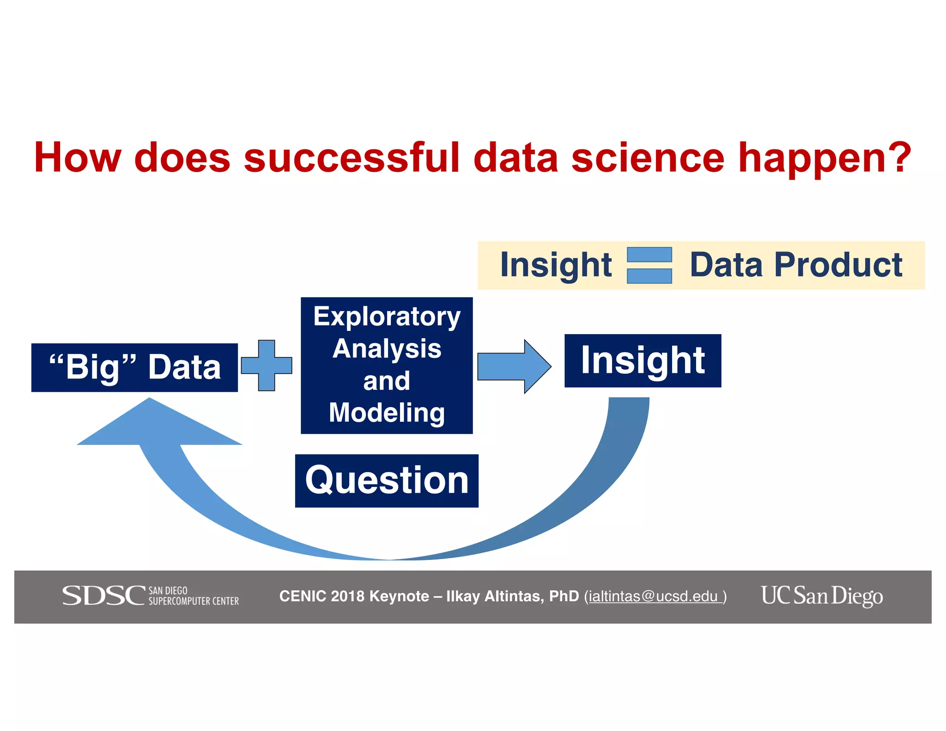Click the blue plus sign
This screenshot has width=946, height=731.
[x=267, y=365]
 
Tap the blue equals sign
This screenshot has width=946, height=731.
[x=649, y=265]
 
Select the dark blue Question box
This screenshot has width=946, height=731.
[x=387, y=481]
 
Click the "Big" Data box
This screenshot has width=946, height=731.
[x=134, y=367]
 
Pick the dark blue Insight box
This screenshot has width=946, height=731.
[x=643, y=360]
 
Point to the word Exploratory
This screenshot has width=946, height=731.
[x=387, y=317]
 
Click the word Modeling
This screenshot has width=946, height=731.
[x=387, y=412]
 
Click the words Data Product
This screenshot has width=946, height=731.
[x=795, y=265]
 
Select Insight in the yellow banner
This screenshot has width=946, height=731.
[x=556, y=265]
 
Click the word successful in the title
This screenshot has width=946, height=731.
[x=352, y=158]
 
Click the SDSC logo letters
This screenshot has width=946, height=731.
[x=103, y=595]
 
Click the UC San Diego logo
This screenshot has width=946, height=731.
[x=822, y=596]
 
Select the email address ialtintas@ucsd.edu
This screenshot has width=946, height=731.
[x=653, y=597]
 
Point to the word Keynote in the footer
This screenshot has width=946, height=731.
[x=399, y=596]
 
